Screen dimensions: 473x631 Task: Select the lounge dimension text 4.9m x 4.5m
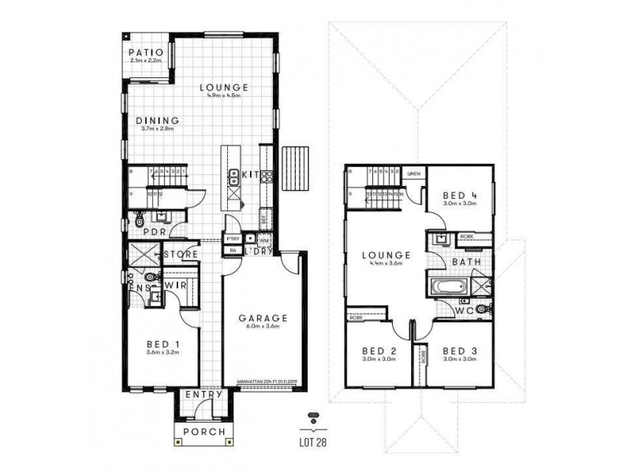tap(223, 96)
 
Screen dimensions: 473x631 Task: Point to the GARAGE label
tap(263, 318)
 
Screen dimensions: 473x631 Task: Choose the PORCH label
tap(204, 432)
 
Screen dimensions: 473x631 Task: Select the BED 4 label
tap(457, 195)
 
